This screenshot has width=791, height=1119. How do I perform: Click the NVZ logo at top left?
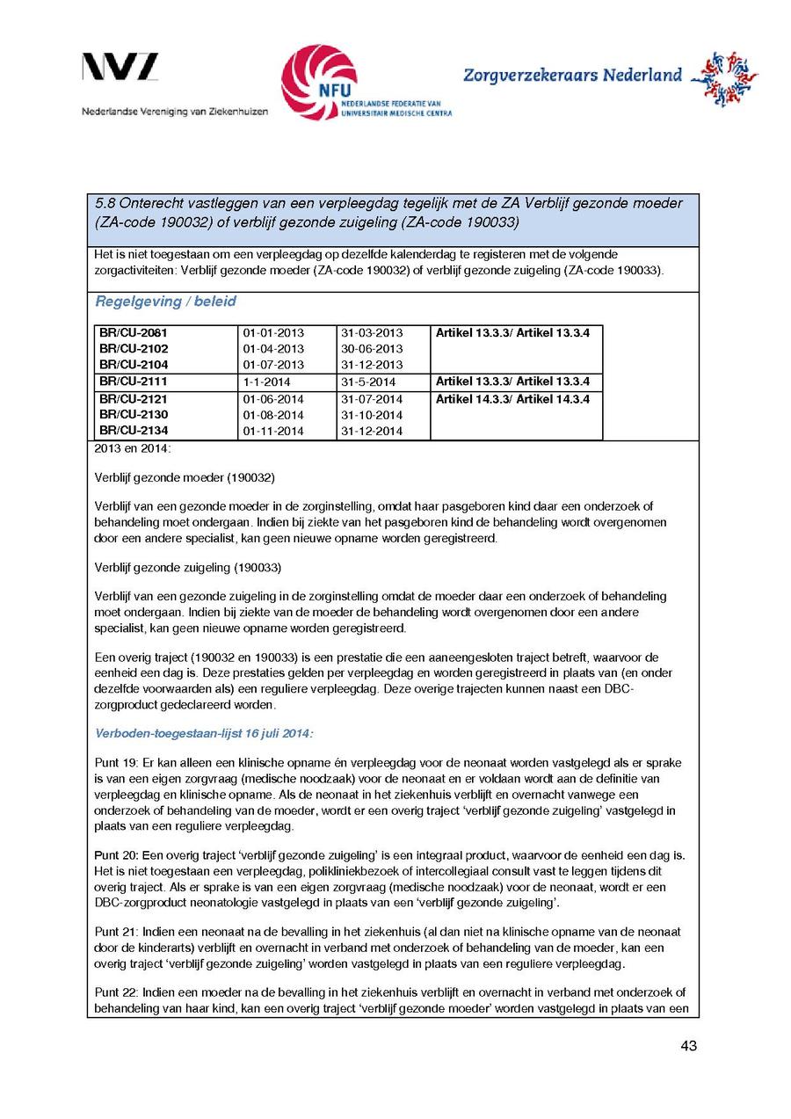(120, 67)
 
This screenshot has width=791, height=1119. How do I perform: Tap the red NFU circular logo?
(318, 82)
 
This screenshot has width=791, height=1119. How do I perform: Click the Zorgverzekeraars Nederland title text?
(572, 76)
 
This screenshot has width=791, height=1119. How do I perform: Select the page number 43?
(688, 1046)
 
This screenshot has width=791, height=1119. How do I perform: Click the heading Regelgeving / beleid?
(165, 302)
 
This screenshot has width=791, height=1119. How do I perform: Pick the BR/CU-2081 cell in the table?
(134, 333)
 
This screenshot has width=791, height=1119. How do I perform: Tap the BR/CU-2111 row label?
(134, 381)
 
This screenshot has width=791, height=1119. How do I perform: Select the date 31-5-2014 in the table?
(368, 382)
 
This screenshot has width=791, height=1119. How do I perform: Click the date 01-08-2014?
(273, 415)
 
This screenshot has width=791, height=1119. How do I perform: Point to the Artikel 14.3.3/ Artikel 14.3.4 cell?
(512, 399)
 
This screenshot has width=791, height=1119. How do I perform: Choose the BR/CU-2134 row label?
(134, 431)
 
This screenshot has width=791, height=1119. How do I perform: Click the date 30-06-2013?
(372, 349)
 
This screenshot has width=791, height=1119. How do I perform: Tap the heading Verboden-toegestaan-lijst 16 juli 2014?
(204, 732)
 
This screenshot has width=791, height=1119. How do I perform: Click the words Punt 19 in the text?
(112, 763)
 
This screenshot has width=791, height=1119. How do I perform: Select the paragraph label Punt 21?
(112, 932)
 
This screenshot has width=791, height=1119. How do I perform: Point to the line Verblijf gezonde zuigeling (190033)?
(187, 567)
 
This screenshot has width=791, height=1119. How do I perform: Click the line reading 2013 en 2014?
(133, 449)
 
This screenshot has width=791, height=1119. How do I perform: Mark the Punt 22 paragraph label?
(112, 992)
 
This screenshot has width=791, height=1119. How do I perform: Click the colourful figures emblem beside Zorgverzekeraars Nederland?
(723, 78)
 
